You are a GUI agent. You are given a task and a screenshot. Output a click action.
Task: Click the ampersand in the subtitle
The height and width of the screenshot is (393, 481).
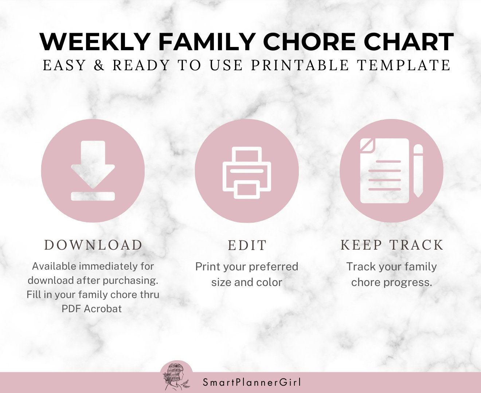[x=99, y=65]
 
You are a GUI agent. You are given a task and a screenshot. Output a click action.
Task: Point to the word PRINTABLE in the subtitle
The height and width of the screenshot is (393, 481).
[x=300, y=65]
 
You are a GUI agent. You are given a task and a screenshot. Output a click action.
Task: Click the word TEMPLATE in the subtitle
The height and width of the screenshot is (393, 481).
[x=404, y=65]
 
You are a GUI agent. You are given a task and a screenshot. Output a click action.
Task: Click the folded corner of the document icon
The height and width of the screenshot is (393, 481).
[x=366, y=145]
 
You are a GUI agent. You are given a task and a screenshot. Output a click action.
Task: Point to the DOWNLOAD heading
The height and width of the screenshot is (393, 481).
[x=93, y=245]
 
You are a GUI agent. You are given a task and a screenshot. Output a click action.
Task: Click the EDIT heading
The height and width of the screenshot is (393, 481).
[x=247, y=246]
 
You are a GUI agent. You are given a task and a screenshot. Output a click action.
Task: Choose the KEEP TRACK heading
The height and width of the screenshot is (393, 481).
[x=392, y=245]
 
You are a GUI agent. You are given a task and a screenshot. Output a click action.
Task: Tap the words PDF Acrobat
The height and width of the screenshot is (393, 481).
[x=91, y=309]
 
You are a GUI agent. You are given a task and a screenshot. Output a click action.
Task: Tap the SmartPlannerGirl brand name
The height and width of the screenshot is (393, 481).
[x=252, y=382]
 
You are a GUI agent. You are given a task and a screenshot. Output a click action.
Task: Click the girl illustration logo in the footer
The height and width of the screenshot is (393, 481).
[x=176, y=377]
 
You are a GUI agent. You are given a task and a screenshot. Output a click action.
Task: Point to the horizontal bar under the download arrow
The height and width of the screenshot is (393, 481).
[x=93, y=196]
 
